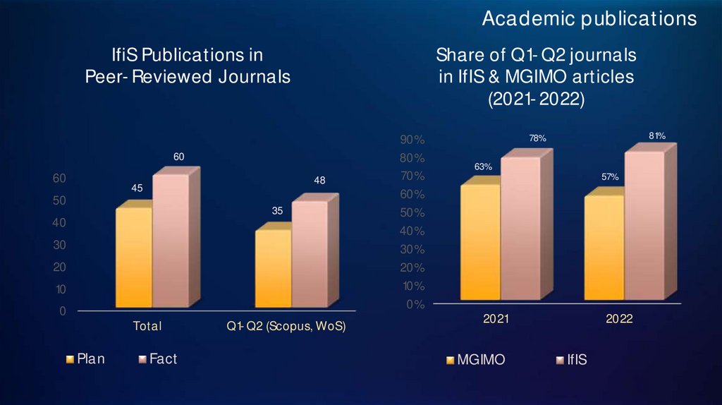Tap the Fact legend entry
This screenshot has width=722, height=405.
click(x=157, y=359)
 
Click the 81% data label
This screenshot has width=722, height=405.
click(x=657, y=135)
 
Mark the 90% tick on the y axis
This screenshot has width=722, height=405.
click(x=412, y=140)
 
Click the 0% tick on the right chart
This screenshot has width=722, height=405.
click(x=415, y=305)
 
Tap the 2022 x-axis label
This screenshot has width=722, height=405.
click(x=619, y=320)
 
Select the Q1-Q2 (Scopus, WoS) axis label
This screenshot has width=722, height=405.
click(x=286, y=327)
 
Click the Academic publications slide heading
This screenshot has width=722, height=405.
click(x=589, y=19)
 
